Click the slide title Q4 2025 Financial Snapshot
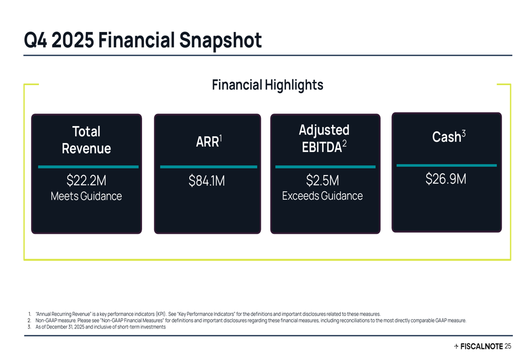(143, 40)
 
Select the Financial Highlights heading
(267, 85)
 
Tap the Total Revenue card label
(86, 140)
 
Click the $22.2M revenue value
(86, 181)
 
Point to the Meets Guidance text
(86, 197)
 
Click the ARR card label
(207, 141)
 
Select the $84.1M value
(207, 181)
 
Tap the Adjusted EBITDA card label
(323, 139)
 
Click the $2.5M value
(322, 181)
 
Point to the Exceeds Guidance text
(322, 196)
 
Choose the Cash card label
(448, 137)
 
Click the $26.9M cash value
(446, 179)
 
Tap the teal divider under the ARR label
(208, 167)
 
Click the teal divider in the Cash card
(446, 166)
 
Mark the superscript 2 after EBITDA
(345, 143)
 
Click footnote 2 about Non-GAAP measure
(247, 321)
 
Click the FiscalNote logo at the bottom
(478, 346)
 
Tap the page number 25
(508, 346)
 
